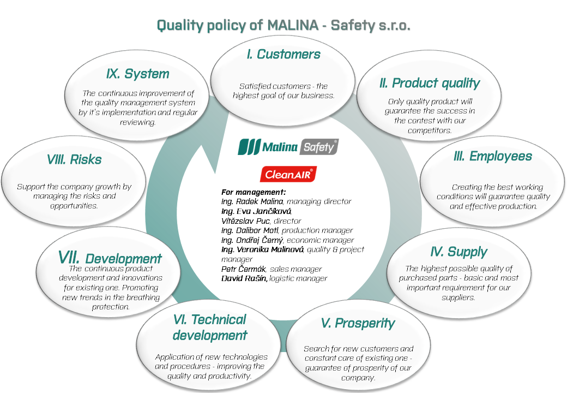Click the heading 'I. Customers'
pos(283,54)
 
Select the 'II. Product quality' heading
pos(430,83)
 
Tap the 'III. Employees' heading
pos(493,156)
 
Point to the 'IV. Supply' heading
pos(459,252)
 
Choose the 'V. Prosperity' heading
pos(358,323)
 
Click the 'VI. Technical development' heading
pos(210,327)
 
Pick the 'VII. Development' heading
pos(110,258)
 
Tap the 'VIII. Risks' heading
pos(74,159)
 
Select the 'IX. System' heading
pos(138,74)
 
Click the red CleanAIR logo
pos(288,175)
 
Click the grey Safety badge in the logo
pos(319,147)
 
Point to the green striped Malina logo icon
pos(249,147)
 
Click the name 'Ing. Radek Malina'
pos(252,201)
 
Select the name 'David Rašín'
pos(244,278)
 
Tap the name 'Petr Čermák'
pos(243,269)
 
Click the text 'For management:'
pos(254,192)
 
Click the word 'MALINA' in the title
pos(293,25)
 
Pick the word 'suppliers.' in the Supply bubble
pos(458,298)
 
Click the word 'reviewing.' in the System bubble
pos(137,122)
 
